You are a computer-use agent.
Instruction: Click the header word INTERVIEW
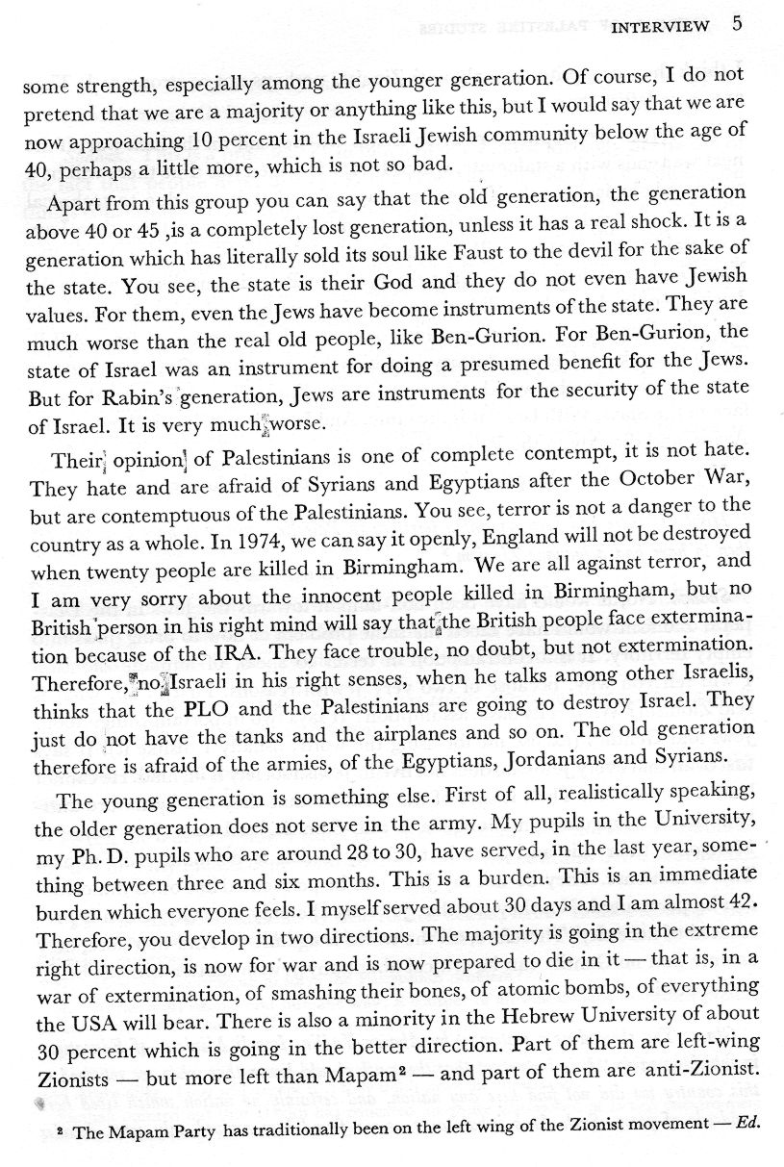click(661, 26)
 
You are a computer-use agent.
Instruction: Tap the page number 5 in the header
click(736, 24)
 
